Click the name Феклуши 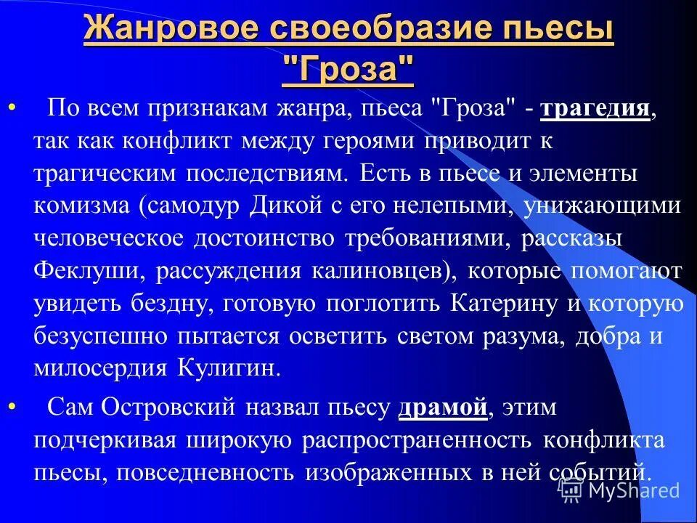(x=78, y=270)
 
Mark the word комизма (x=80, y=206)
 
